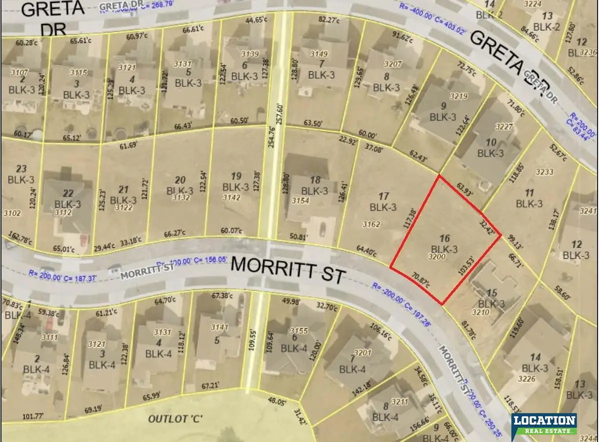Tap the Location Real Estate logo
pos(543,423)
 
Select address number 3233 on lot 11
pos(544,172)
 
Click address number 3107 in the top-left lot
pos(18,71)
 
